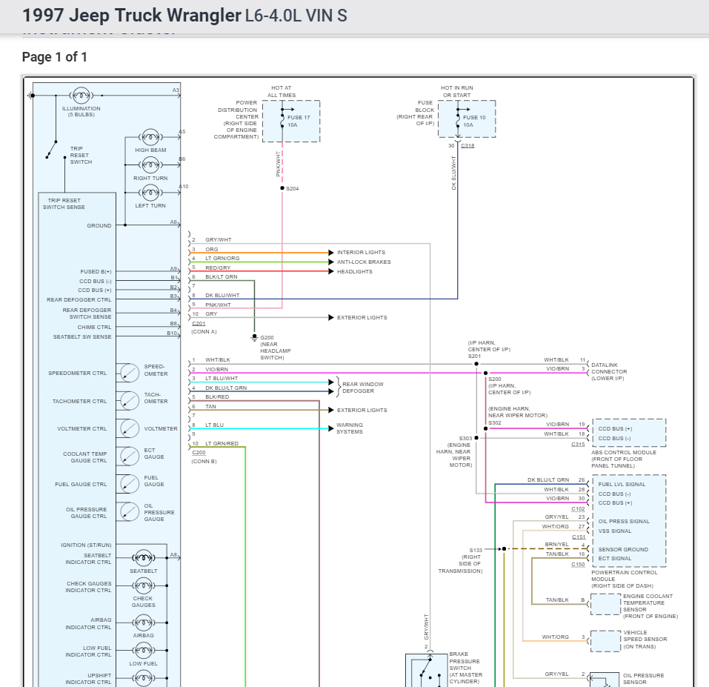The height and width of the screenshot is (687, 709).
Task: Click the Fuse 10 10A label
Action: [474, 121]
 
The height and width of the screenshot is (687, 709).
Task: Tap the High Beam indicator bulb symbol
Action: [150, 137]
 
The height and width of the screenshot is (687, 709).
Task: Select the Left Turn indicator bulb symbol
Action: [150, 193]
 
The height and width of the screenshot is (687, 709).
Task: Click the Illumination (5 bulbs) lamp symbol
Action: [81, 96]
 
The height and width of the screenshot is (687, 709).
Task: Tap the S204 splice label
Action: [293, 189]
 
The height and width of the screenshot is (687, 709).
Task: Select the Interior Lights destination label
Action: [361, 253]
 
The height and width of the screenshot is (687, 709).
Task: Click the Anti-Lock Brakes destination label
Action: [364, 262]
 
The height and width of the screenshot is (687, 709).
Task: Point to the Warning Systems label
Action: [350, 428]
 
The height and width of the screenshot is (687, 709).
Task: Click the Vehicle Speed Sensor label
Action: [645, 640]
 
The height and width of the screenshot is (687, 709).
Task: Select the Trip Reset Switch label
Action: [81, 155]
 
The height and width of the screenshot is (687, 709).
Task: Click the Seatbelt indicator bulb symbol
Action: [142, 559]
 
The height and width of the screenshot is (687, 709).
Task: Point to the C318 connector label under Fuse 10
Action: [467, 146]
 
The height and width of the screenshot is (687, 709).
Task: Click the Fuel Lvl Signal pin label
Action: [622, 485]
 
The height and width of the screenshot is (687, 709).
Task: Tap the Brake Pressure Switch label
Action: [464, 668]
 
